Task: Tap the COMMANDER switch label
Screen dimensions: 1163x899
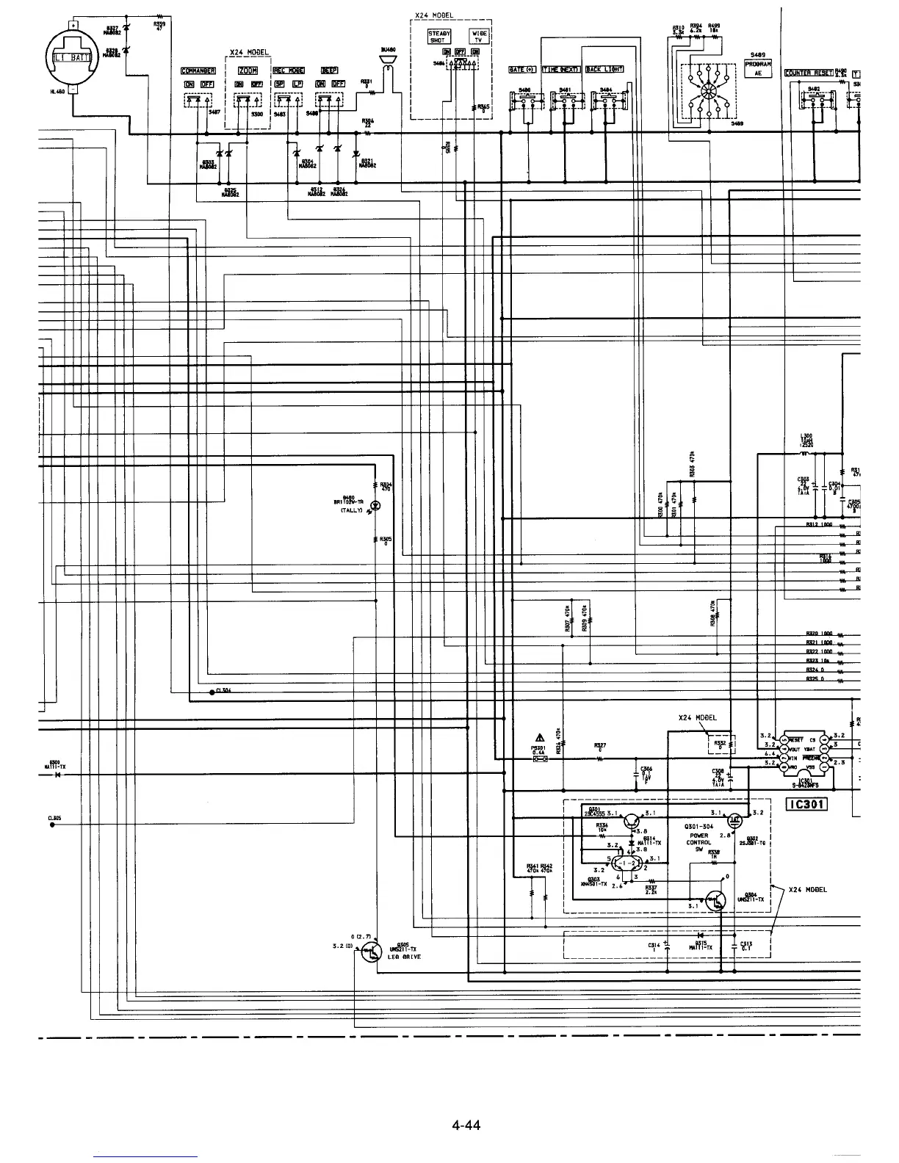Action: click(198, 71)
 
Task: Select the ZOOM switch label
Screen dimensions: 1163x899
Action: click(247, 71)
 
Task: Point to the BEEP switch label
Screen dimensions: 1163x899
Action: click(328, 71)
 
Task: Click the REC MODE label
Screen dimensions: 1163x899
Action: click(289, 71)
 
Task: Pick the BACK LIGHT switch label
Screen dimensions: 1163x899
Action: click(604, 70)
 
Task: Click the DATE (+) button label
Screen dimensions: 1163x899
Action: click(521, 70)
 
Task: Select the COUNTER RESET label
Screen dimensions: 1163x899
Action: click(809, 73)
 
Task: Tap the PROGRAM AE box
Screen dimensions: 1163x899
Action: click(758, 68)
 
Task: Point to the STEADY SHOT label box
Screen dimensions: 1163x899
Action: click(440, 36)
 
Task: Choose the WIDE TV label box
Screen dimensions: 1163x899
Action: click(479, 36)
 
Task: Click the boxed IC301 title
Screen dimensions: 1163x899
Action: click(807, 804)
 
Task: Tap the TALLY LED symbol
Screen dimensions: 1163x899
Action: click(376, 505)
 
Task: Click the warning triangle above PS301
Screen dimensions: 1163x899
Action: click(539, 738)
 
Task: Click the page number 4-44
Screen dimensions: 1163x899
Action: click(466, 1124)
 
